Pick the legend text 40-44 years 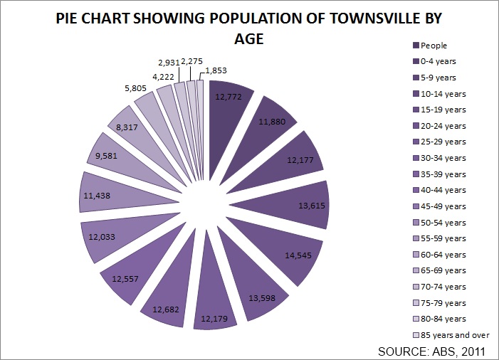(x=443, y=190)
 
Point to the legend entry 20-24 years (x=443, y=126)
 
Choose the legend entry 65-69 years (x=443, y=270)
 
